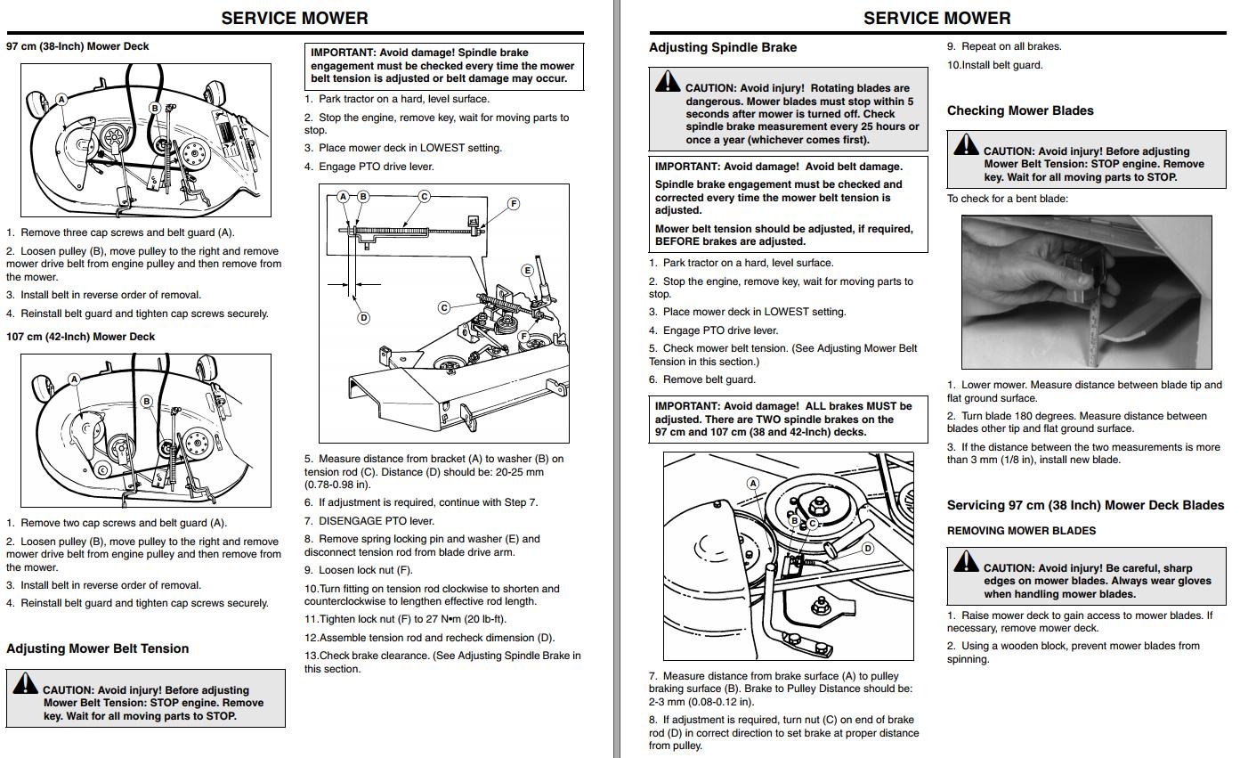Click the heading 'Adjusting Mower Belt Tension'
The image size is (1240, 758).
[97, 648]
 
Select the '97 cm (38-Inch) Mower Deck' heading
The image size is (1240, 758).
[77, 46]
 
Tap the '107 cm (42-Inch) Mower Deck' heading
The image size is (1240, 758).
[80, 337]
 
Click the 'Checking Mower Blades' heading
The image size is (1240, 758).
[1020, 110]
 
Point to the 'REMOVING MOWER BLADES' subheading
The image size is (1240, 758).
[1021, 531]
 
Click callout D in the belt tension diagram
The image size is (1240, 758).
[364, 317]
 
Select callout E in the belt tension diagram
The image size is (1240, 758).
[528, 271]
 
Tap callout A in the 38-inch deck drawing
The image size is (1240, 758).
[61, 100]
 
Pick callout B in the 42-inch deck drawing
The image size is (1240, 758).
[147, 401]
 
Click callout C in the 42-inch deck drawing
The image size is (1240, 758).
[102, 470]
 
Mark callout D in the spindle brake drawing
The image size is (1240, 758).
[867, 549]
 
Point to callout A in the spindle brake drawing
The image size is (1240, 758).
[753, 483]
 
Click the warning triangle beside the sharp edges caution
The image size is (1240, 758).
[966, 561]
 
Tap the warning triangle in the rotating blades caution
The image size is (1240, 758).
[668, 81]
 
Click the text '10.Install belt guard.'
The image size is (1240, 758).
[995, 65]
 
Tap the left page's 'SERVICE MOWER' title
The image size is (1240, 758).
[295, 19]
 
